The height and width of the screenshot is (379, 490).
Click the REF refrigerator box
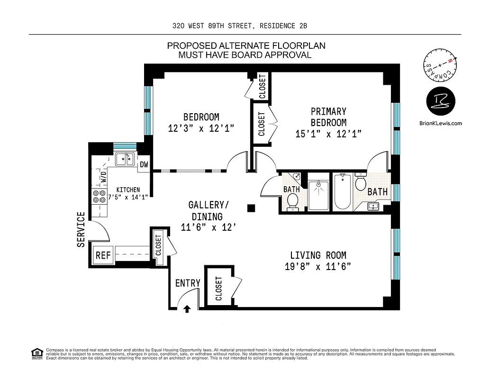103,255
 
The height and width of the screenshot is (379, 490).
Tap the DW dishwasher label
144,165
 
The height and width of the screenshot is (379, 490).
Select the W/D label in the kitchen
103,177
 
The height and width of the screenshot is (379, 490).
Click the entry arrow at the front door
187,309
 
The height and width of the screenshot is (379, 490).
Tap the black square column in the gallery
252,208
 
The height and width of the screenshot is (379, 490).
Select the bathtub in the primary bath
343,192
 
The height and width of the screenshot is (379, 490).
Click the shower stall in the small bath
319,195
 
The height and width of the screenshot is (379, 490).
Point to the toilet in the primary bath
361,181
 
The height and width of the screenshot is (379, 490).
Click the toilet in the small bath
293,201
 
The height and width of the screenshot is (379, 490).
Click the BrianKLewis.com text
440,123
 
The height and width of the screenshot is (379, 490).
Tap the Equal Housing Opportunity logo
36,353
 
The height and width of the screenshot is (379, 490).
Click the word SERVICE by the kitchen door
81,229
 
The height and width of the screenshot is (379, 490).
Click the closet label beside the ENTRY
219,289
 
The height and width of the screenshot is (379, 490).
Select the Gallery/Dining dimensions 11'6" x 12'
209,227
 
